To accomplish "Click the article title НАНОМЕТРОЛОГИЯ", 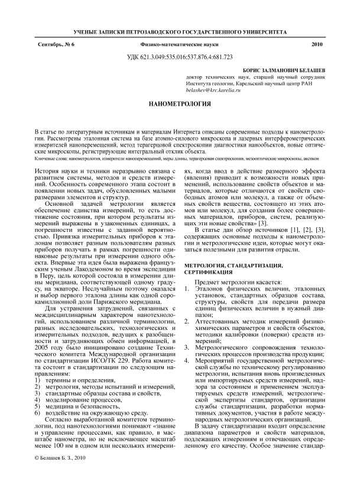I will click(x=180, y=104).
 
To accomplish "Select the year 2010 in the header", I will click(x=317, y=45).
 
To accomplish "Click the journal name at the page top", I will click(x=180, y=30).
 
